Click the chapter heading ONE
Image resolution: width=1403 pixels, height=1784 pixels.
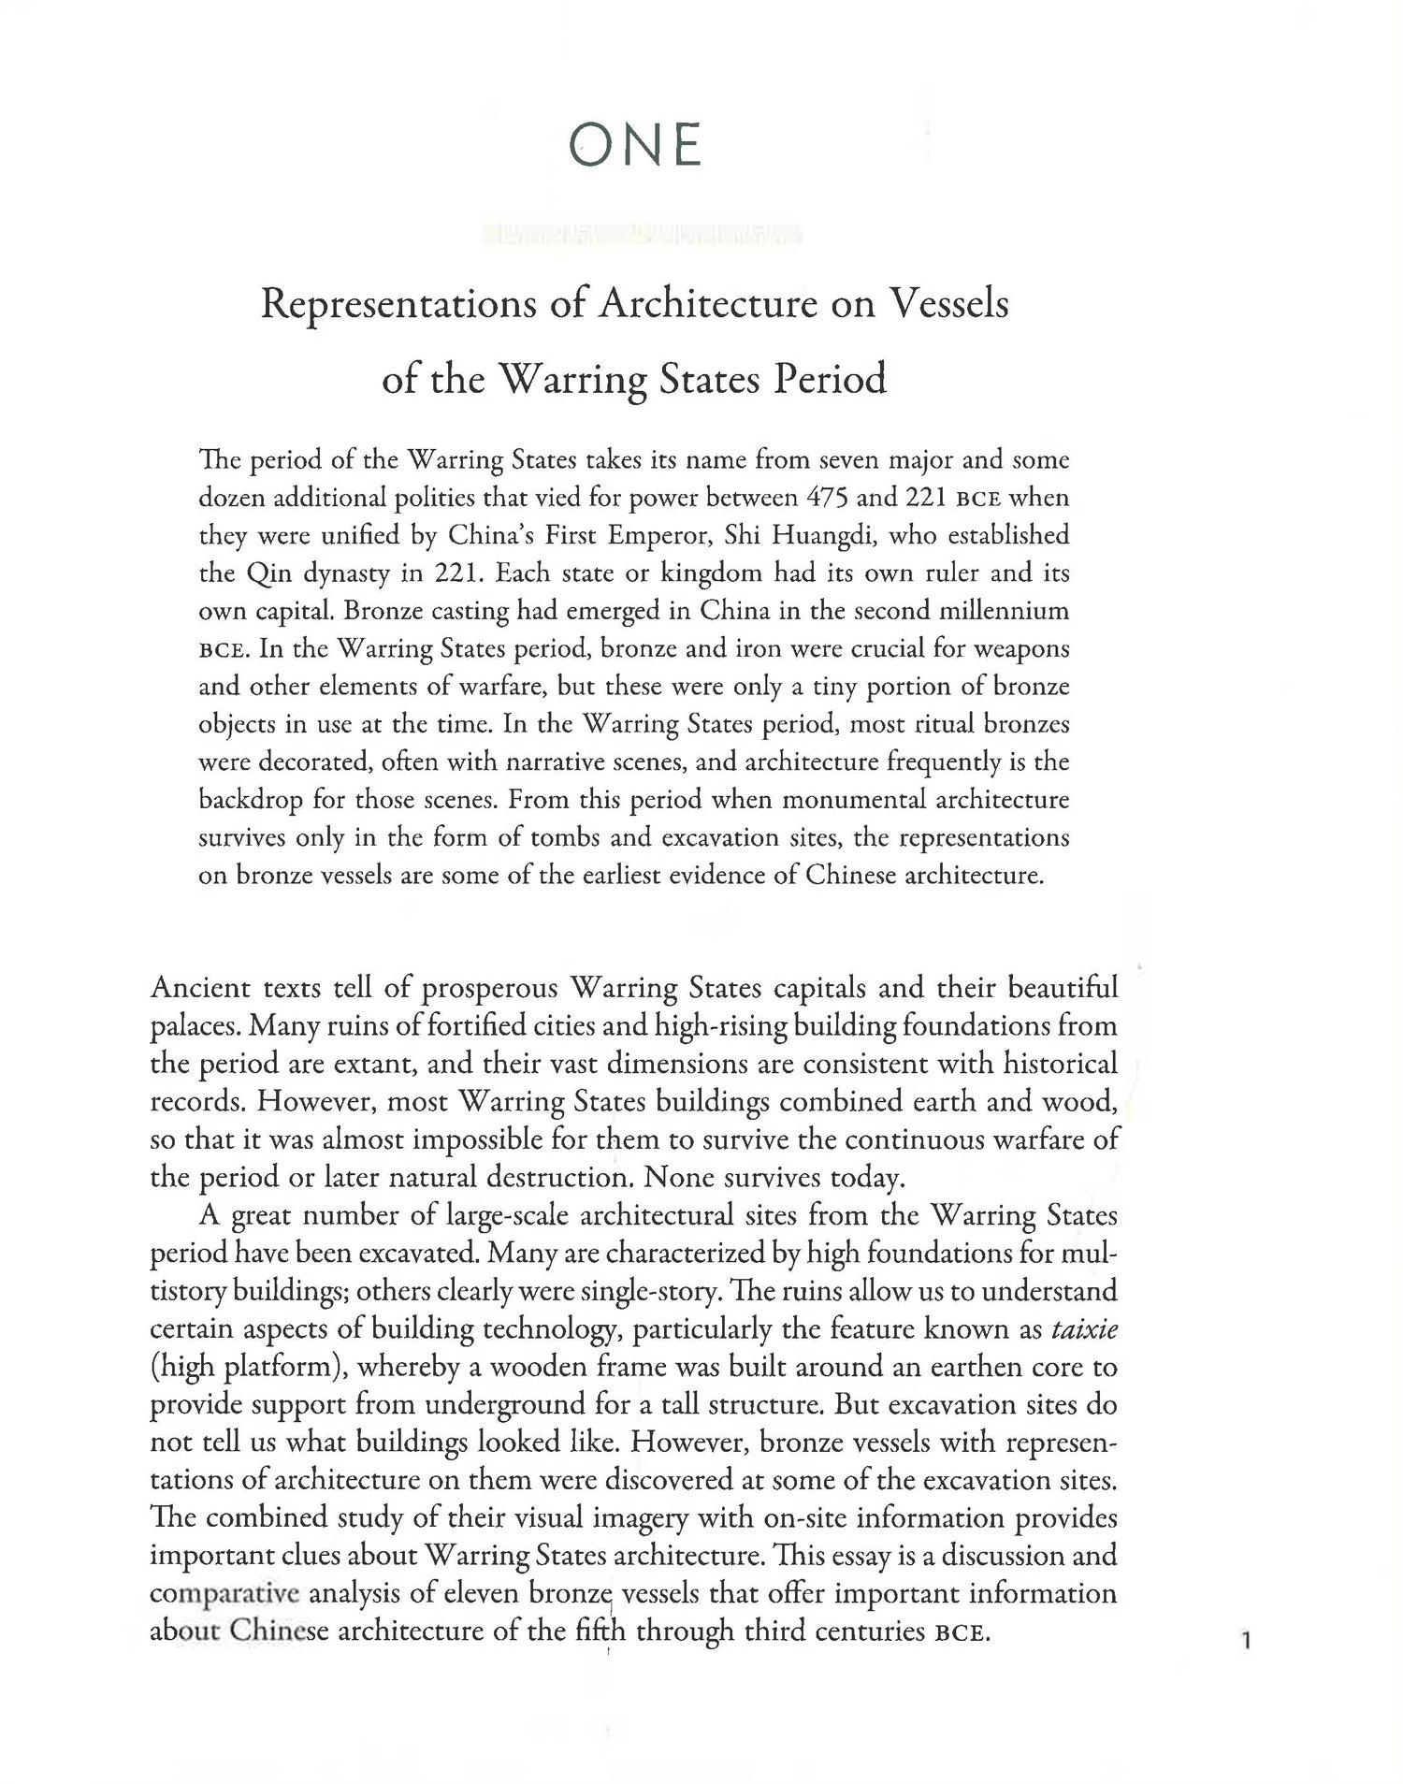pos(635,146)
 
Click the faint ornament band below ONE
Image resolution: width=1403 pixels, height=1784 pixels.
pos(641,234)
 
